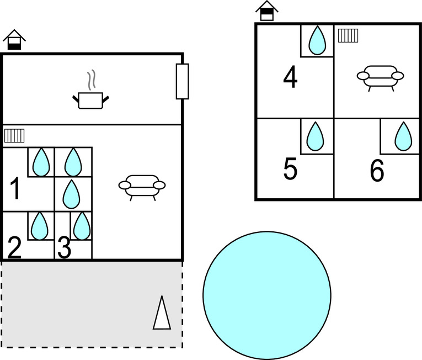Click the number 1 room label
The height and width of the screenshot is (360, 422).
coord(15,189)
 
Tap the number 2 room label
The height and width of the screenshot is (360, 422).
coord(14,248)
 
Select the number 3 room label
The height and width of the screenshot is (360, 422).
coord(64,248)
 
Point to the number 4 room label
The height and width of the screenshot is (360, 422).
coord(290,77)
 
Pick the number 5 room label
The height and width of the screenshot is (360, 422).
coord(290,170)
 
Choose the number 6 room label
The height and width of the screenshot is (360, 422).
coord(377,171)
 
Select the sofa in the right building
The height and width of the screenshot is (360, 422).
coord(380,77)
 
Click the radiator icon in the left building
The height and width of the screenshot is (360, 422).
coord(15,136)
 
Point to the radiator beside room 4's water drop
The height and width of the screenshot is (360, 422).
coord(348,36)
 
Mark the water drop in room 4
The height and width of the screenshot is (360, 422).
coord(317,40)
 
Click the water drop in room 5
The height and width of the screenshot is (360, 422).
coord(315,136)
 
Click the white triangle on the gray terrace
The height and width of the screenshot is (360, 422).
coord(162,313)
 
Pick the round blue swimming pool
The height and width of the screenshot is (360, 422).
coord(267,295)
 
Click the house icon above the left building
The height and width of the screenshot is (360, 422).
coord(14,40)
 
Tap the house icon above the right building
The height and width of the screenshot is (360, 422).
coord(267,10)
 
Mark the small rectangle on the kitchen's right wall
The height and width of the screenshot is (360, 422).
coord(182,81)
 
